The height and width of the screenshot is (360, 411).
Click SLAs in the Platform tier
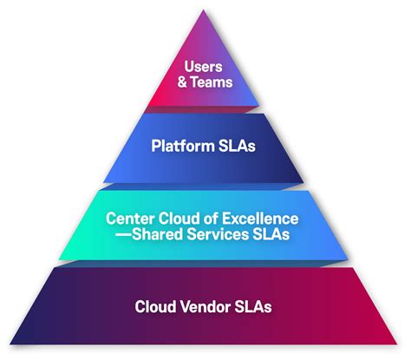coord(235,147)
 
